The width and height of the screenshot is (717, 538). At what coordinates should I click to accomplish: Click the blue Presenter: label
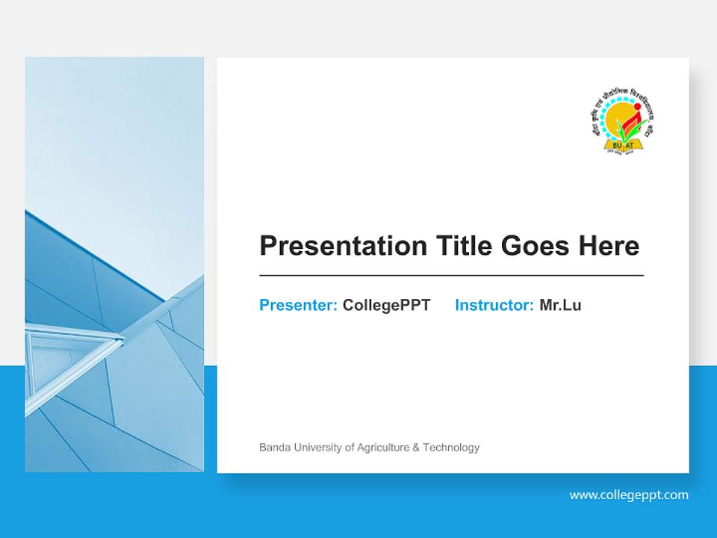[x=298, y=305]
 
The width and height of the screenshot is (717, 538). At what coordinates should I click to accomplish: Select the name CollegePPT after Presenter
[x=386, y=305]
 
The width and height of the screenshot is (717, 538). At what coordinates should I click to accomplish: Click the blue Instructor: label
[x=494, y=305]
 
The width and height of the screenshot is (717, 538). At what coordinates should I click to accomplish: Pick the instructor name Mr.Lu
[x=560, y=305]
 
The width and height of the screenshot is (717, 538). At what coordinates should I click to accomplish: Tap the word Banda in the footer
[x=273, y=448]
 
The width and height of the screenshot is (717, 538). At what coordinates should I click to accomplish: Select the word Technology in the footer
[x=451, y=448]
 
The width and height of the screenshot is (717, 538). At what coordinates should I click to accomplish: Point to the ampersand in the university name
[x=416, y=448]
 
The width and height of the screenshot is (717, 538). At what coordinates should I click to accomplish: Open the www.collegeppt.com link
[x=629, y=495]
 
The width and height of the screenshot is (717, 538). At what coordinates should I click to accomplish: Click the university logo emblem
[x=626, y=120]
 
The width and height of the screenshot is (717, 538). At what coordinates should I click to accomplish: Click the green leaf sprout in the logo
[x=621, y=130]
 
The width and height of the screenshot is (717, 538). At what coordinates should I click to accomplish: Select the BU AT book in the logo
[x=625, y=143]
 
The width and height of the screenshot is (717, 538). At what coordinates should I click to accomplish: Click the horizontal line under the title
[x=451, y=276]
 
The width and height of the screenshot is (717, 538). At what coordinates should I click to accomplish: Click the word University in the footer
[x=316, y=448]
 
